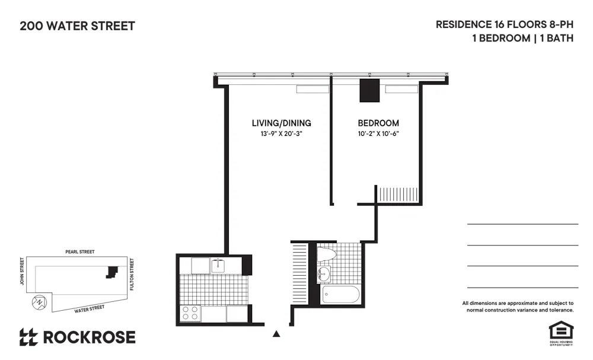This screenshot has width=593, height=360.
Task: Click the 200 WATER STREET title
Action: click(x=77, y=26)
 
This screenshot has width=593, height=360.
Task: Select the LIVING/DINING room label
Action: click(x=281, y=123)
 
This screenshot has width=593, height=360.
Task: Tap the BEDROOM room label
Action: click(x=378, y=123)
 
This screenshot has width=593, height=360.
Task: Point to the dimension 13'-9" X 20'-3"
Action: click(x=281, y=134)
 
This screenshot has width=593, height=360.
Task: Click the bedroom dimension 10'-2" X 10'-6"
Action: click(x=378, y=134)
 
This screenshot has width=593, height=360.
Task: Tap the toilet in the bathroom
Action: click(x=327, y=254)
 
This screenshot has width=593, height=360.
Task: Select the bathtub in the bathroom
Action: click(x=340, y=295)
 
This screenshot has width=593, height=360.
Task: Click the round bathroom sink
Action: click(x=324, y=275)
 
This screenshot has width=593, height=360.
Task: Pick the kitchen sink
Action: click(x=219, y=265)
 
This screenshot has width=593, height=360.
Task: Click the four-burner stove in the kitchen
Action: click(x=190, y=314)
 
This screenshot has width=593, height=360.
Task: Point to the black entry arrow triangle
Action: click(x=276, y=334)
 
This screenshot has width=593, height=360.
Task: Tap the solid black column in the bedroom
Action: click(x=370, y=90)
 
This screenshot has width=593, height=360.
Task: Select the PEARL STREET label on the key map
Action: click(x=80, y=252)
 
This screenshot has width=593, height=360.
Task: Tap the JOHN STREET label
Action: click(x=22, y=270)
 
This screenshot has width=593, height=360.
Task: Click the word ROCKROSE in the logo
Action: click(x=89, y=337)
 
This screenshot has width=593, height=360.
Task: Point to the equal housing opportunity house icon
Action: click(x=560, y=330)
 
